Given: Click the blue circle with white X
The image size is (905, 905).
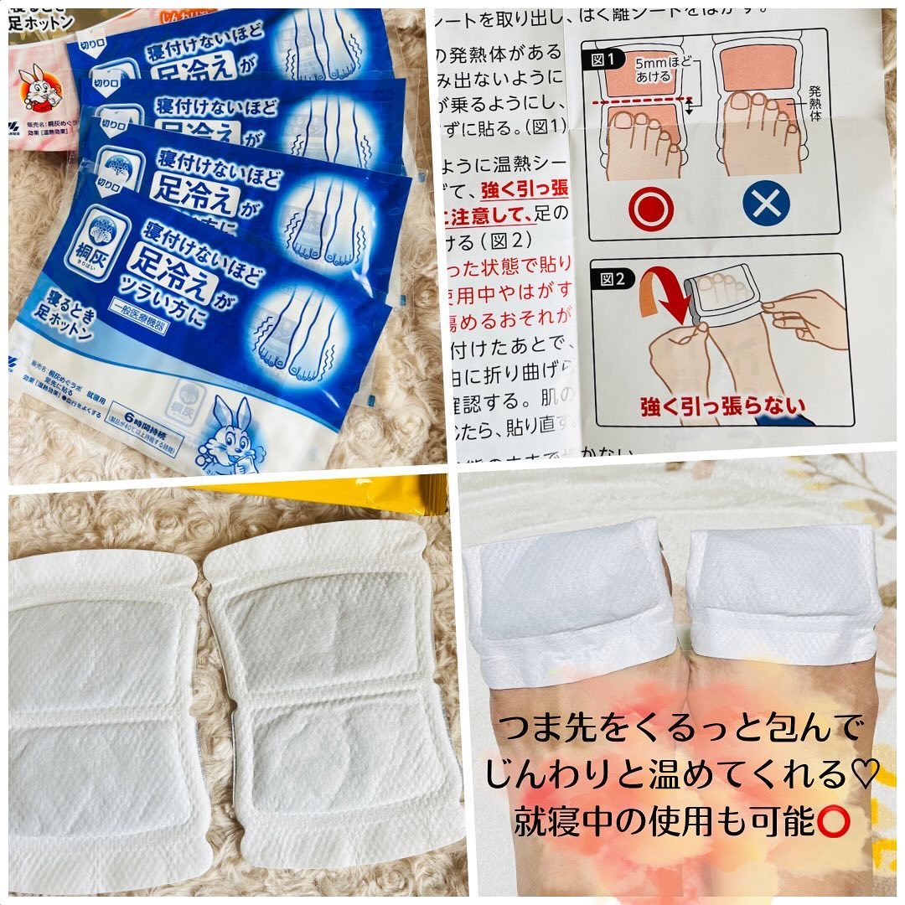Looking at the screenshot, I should pos(765,204).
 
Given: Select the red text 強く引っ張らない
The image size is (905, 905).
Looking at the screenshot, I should pos(722,408).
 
